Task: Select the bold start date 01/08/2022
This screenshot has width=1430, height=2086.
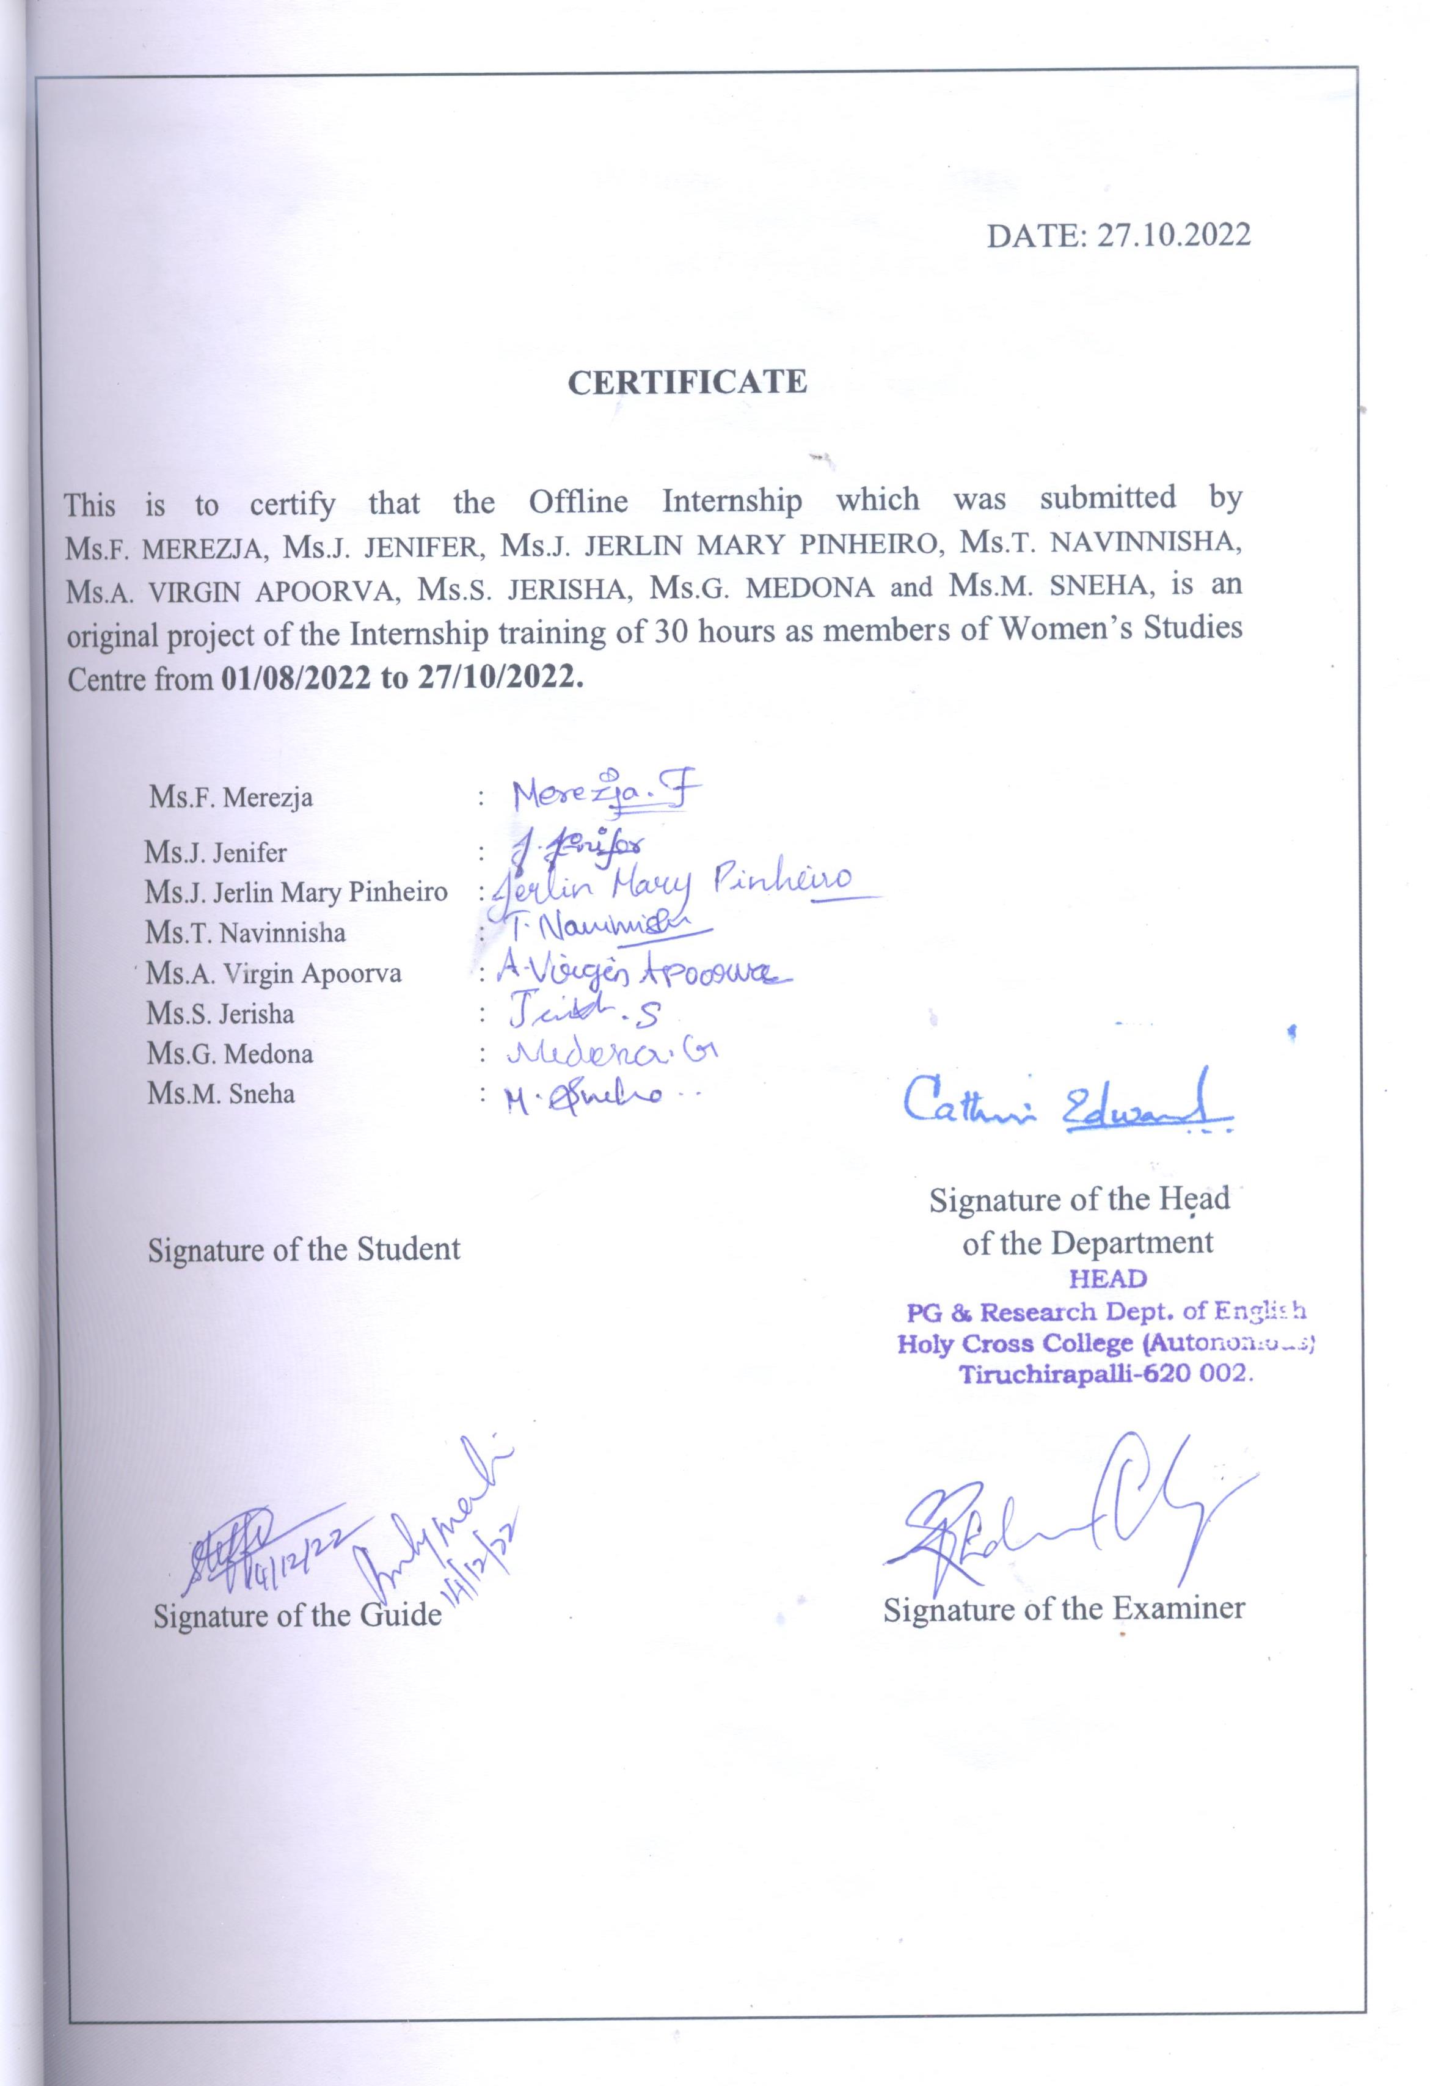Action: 295,677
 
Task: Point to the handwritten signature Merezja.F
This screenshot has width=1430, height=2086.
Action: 604,794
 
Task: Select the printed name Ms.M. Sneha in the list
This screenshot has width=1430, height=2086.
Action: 221,1094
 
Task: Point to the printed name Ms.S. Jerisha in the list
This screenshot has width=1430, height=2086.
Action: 221,1014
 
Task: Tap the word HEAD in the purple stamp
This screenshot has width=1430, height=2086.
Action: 1109,1278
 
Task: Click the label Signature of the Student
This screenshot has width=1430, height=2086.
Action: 304,1249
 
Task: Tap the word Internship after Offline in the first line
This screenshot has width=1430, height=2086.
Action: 732,500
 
